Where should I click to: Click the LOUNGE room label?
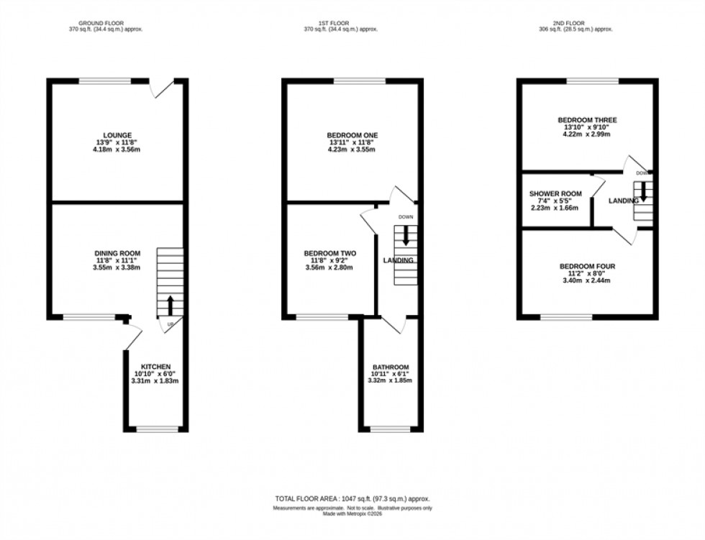(x=117, y=135)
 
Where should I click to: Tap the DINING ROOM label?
(x=117, y=253)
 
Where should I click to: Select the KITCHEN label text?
(x=155, y=367)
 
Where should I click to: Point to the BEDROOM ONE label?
(x=352, y=135)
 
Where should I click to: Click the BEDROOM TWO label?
(x=330, y=253)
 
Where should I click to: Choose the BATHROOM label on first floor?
(x=390, y=367)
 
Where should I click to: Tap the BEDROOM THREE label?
(x=587, y=120)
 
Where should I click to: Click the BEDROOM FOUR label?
(x=587, y=267)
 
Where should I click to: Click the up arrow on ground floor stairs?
(x=170, y=305)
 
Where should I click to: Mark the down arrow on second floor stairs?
(x=644, y=191)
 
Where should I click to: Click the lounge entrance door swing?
(x=162, y=89)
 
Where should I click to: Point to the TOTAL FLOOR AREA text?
(x=352, y=499)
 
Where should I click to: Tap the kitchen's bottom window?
(x=158, y=430)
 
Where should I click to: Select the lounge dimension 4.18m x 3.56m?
(x=117, y=149)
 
